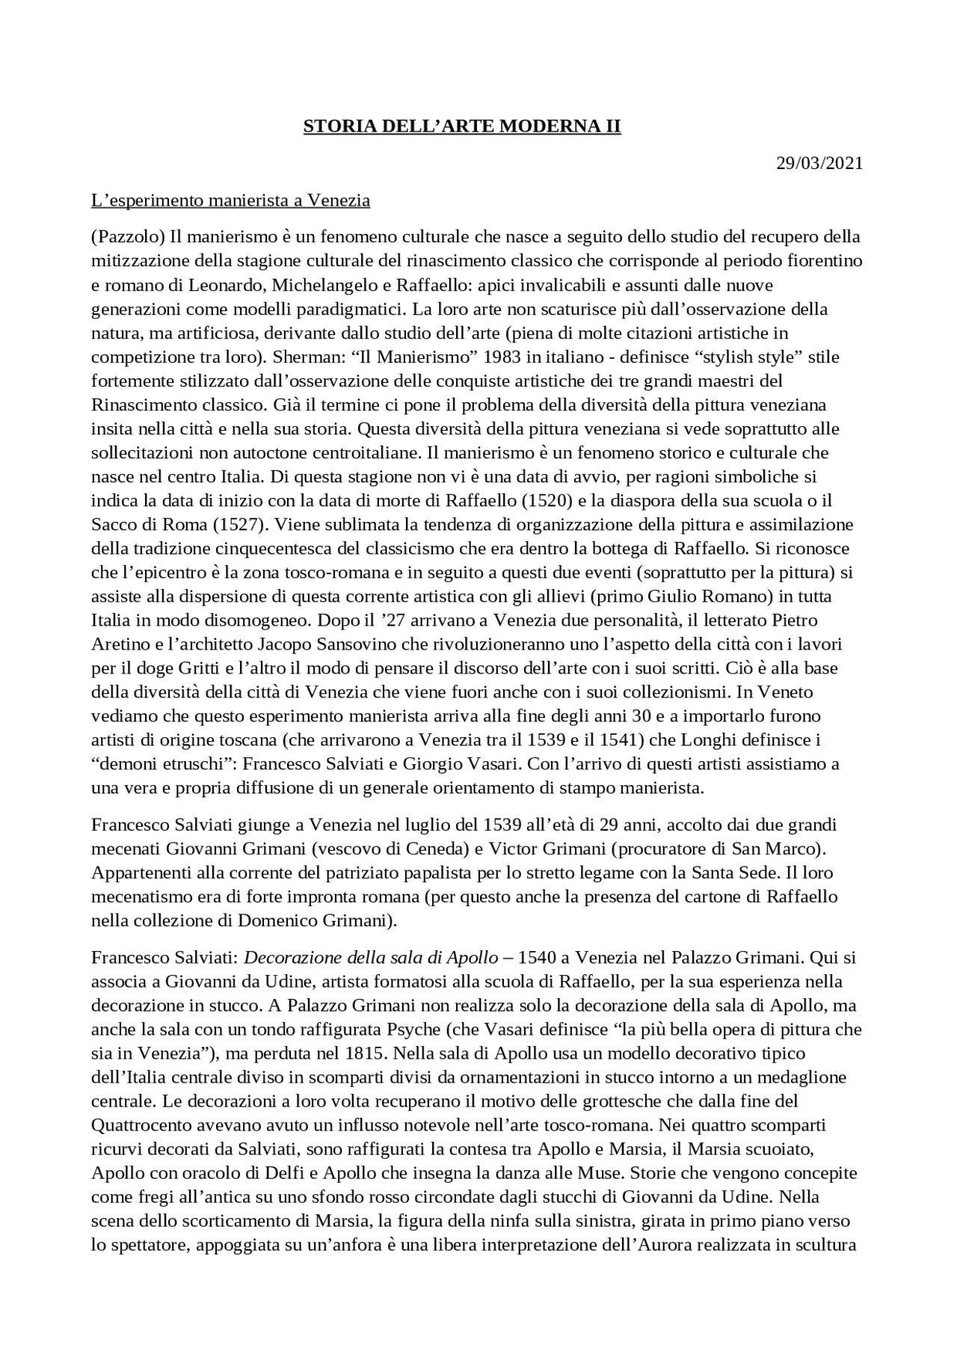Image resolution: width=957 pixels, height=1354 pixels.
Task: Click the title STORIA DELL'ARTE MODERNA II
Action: point(461,126)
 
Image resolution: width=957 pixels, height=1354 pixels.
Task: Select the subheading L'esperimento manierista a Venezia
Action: point(230,200)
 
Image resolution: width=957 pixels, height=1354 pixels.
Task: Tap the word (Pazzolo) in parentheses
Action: point(127,237)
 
